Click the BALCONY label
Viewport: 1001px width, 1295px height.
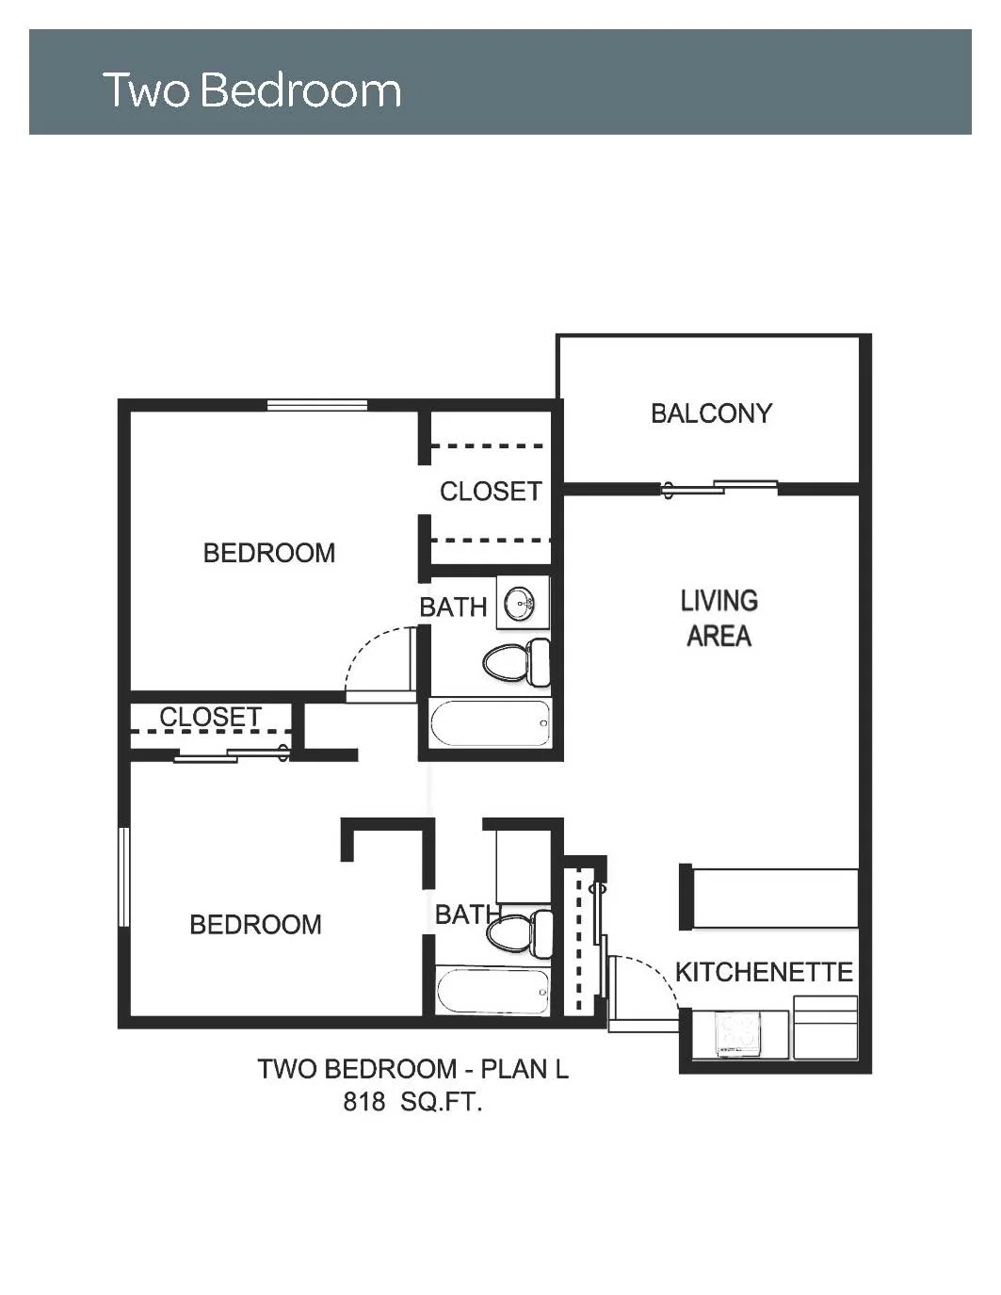click(x=711, y=413)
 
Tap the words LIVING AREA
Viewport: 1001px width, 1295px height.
click(x=719, y=618)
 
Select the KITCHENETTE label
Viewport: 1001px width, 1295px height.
click(x=764, y=972)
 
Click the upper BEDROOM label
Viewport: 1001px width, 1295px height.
click(x=269, y=553)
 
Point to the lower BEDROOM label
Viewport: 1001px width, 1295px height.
click(x=255, y=924)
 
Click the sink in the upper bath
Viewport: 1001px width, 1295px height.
click(x=520, y=604)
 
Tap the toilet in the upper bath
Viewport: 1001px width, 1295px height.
click(x=517, y=662)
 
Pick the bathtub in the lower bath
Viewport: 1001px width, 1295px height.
click(x=492, y=992)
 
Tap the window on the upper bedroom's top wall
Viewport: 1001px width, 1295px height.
click(x=317, y=406)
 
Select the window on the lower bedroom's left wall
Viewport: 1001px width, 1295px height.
click(x=124, y=877)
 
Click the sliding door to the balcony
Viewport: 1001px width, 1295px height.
click(x=719, y=488)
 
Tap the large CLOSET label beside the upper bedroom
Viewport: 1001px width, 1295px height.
click(x=491, y=492)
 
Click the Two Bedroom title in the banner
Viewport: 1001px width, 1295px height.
click(x=252, y=90)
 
